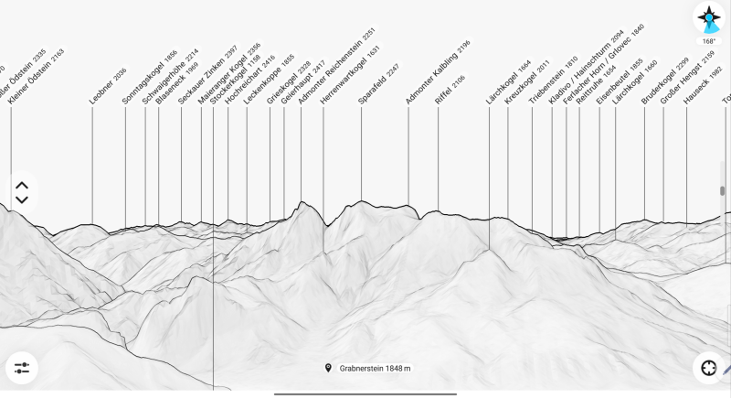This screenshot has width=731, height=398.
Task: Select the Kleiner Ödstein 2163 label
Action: click(37, 77)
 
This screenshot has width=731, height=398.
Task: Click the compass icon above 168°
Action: click(709, 17)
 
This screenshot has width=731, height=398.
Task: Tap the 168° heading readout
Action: click(709, 41)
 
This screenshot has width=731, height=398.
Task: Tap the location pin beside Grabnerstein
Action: click(328, 368)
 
